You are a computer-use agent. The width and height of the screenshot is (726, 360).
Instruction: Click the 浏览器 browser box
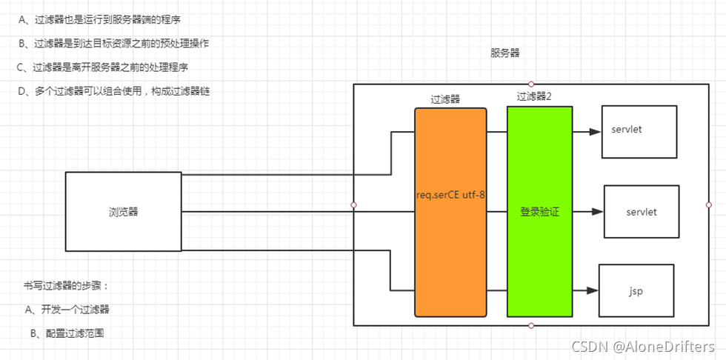pos(123,211)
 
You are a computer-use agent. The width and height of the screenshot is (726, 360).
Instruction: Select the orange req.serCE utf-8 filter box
pos(450,212)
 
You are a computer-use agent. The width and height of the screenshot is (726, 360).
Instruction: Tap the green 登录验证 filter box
pos(539,212)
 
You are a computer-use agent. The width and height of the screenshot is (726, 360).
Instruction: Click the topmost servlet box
pos(639,131)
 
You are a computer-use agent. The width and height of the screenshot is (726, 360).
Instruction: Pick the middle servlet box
pos(642,211)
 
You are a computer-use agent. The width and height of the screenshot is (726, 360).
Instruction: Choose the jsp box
pos(636,290)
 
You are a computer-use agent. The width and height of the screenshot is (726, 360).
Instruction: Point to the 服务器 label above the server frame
pos(504,53)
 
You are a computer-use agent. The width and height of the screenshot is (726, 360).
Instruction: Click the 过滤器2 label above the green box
pos(534,96)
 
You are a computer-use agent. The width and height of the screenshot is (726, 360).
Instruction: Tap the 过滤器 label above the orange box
pos(445,99)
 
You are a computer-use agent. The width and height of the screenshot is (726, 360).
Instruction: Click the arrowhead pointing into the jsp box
pos(591,291)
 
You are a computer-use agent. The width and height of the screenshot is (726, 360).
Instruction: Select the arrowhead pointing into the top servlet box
pos(594,132)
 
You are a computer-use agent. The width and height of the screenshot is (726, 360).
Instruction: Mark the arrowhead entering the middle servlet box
pos(597,212)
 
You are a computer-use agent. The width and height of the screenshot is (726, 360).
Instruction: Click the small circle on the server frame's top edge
pos(531,84)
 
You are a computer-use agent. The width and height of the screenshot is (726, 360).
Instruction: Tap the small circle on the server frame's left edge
pos(353,204)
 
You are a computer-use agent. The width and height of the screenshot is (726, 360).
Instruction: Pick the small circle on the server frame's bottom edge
pos(531,325)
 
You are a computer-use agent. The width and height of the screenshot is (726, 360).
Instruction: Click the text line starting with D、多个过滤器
pos(107,91)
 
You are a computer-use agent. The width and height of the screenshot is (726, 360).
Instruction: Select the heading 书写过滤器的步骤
pos(66,285)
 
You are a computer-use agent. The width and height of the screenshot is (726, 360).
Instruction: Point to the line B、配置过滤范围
pos(67,333)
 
